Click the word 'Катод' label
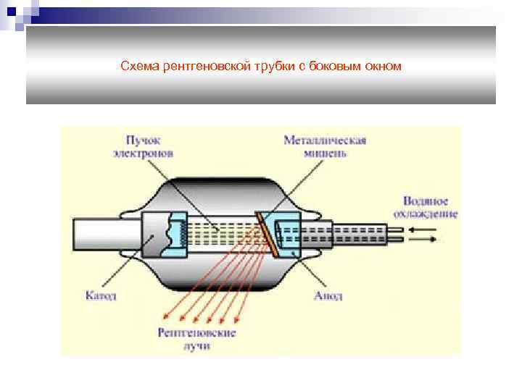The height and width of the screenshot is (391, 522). click(x=101, y=295)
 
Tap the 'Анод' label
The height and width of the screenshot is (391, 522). click(x=328, y=295)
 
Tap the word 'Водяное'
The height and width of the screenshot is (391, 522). click(x=425, y=201)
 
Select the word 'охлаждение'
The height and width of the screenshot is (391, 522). click(x=426, y=214)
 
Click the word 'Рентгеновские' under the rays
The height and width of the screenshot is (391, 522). click(x=196, y=332)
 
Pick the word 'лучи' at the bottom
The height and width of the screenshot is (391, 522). click(x=196, y=345)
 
